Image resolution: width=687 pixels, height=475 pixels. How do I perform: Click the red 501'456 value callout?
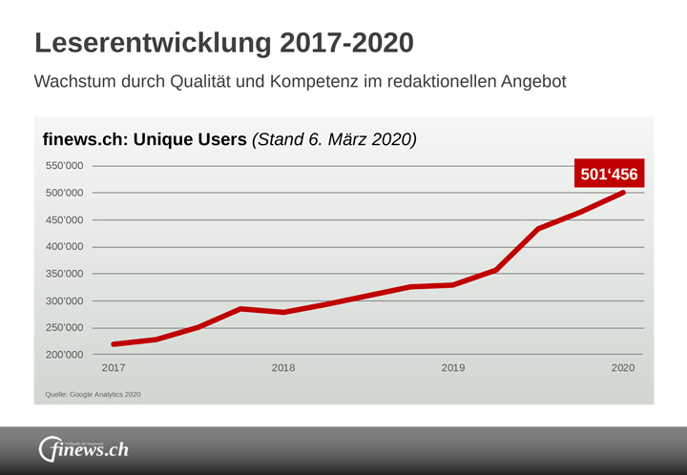[609, 174]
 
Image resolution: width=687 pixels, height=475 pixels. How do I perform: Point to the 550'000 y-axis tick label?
[65, 166]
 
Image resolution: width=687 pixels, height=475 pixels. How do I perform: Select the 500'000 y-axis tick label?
[65, 193]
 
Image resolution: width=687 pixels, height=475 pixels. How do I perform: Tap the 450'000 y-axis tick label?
[65, 220]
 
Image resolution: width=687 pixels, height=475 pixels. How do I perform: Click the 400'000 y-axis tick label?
[65, 247]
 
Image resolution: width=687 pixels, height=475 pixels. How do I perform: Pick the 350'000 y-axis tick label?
[65, 274]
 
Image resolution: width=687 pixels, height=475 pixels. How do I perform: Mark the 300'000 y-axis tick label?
[65, 301]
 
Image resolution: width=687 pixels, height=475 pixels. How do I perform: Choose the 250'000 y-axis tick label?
[65, 328]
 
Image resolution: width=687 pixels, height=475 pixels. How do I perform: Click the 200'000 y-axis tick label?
[65, 355]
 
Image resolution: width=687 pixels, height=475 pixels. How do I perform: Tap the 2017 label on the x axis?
[113, 368]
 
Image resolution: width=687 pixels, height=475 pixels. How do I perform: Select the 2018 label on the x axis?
[283, 368]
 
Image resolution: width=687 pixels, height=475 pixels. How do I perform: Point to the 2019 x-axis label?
[453, 368]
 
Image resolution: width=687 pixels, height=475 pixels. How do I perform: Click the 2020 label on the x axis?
[623, 368]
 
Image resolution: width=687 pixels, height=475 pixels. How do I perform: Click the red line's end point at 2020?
[623, 193]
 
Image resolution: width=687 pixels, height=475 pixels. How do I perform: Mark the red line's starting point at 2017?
[114, 344]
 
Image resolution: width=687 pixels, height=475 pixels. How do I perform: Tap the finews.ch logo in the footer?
[83, 448]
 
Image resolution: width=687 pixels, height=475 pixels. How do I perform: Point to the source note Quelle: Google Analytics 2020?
[94, 394]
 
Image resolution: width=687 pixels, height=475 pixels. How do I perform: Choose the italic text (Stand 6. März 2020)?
[334, 139]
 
